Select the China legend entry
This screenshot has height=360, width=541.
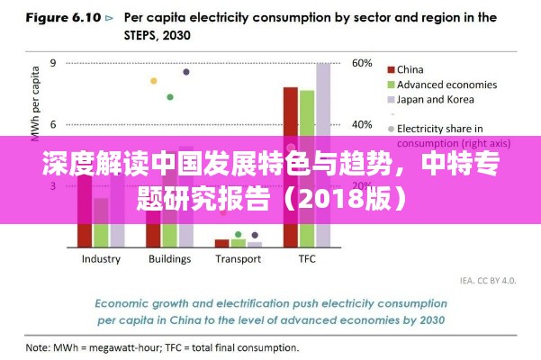(x=410, y=69)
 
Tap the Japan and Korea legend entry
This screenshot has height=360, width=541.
(x=436, y=100)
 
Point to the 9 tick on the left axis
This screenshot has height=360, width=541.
(x=53, y=63)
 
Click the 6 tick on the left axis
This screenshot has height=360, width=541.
(x=53, y=124)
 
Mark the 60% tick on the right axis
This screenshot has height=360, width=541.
(x=362, y=63)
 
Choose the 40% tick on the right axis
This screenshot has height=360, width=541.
(x=362, y=124)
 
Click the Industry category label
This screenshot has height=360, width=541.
(x=101, y=259)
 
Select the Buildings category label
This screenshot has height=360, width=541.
(x=169, y=259)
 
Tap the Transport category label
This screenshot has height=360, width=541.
(x=239, y=259)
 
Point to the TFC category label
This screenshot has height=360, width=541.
(x=307, y=259)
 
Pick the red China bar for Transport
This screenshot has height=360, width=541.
(x=221, y=242)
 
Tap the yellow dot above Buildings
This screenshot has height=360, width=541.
(x=154, y=81)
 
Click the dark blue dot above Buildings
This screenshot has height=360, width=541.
(x=186, y=71)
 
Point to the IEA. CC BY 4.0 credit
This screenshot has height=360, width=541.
(x=488, y=281)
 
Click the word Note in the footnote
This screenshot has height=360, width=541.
(x=37, y=346)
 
